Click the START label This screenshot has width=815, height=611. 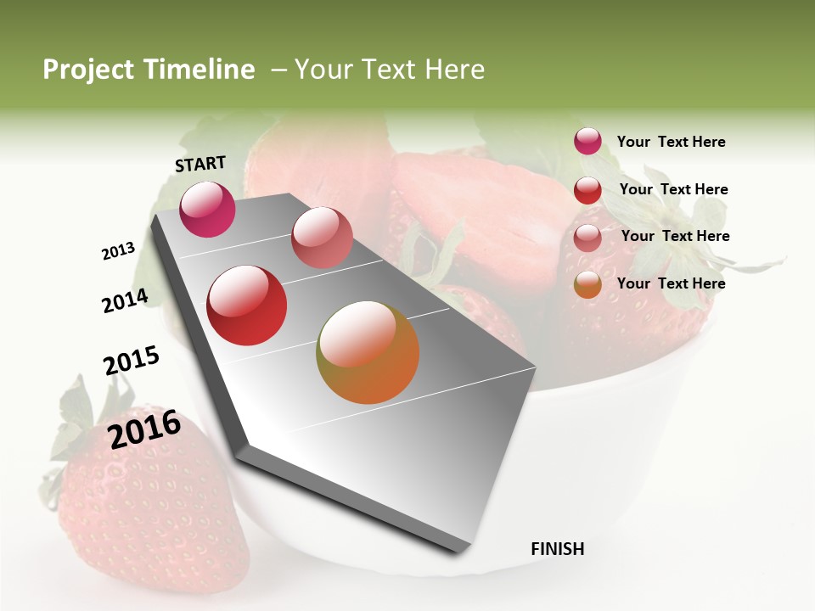tap(200, 164)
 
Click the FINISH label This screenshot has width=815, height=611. tap(557, 549)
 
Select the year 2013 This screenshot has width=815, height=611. tap(119, 251)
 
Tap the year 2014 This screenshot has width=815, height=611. tap(125, 300)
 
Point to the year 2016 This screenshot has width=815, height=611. tap(144, 429)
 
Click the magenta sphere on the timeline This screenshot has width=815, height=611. tap(207, 210)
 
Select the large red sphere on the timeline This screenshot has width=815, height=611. tap(246, 305)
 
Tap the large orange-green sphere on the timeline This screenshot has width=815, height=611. tap(368, 352)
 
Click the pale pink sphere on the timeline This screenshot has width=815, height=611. tap(322, 238)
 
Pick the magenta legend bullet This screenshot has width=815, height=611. tap(587, 141)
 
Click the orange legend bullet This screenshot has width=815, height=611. tap(587, 285)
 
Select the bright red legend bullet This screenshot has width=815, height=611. tap(587, 190)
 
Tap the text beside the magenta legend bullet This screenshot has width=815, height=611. tap(671, 143)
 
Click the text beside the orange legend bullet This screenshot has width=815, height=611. tap(671, 283)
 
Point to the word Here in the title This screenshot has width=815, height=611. tap(453, 70)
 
